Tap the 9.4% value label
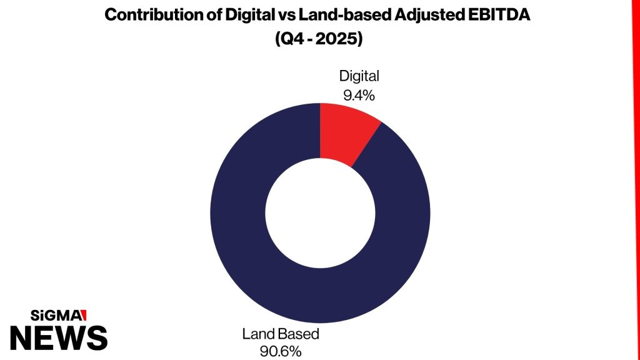tap(359, 95)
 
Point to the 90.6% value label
tap(281, 351)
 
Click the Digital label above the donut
tap(359, 76)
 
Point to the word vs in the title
tap(286, 16)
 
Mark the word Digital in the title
tap(250, 16)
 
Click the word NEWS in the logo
tap(59, 338)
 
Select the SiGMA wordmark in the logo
tap(56, 315)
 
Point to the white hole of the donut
tap(320, 213)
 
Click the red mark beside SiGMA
tap(84, 315)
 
